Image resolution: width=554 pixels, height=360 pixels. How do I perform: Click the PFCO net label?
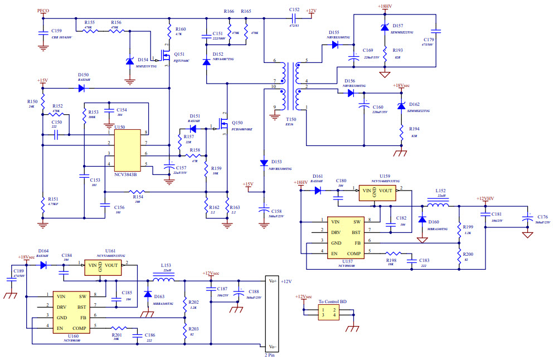(43, 11)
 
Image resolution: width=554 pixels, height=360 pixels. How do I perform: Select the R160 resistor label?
(181, 29)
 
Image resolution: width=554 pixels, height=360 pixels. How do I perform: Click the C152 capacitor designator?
(294, 11)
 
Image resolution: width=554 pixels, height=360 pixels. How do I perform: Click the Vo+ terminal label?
(273, 281)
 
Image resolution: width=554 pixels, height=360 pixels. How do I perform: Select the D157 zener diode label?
(397, 26)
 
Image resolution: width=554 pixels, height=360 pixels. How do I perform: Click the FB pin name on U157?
(358, 243)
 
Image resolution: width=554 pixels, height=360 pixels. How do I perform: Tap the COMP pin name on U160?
(79, 328)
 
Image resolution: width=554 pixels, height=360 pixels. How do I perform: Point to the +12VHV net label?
(485, 198)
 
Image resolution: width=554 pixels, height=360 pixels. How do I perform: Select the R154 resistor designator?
(136, 197)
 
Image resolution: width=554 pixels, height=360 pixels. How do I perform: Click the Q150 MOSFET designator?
(237, 123)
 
